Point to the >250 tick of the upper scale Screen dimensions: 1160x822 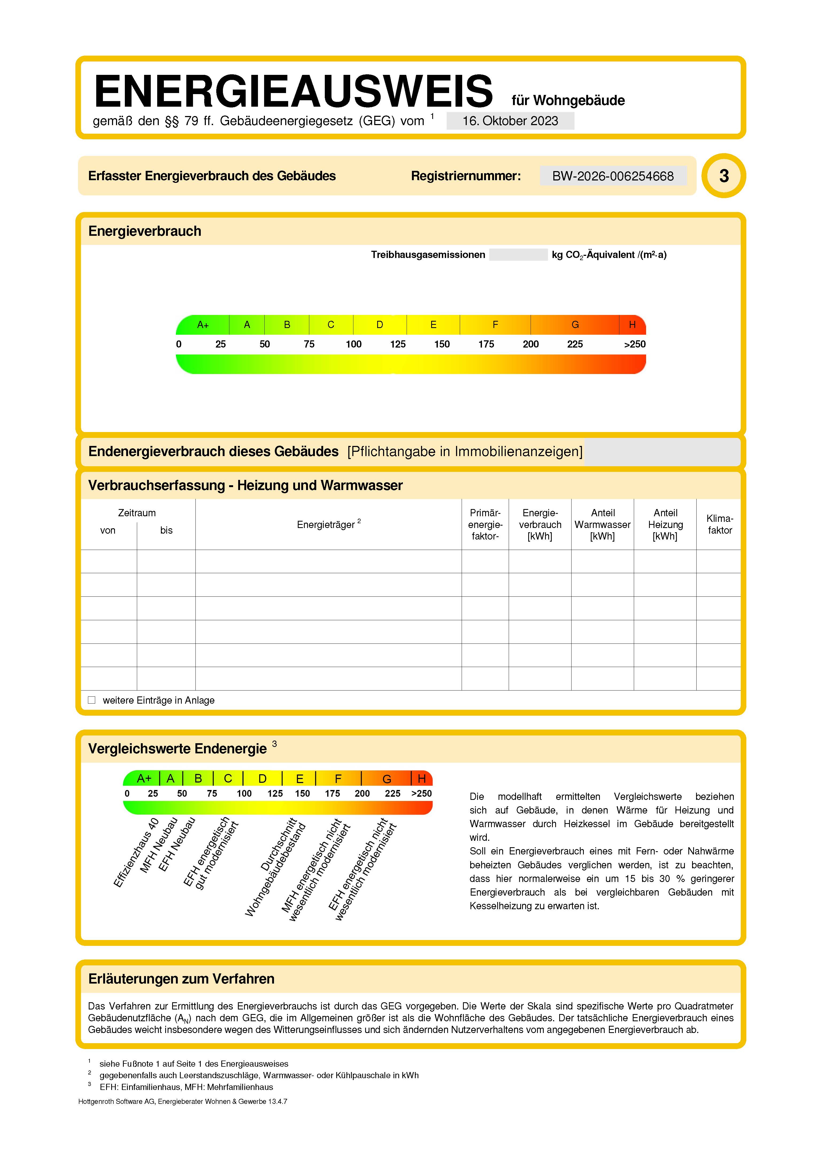(634, 344)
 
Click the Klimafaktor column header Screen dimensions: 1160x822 (719, 524)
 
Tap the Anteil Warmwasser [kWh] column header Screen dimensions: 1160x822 (602, 524)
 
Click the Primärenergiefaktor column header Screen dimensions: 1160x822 (485, 524)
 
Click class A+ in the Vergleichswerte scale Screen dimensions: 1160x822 (144, 779)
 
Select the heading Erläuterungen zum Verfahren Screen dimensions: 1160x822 (181, 979)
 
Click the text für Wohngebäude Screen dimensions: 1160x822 (568, 100)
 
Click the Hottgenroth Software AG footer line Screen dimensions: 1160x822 (183, 1101)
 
